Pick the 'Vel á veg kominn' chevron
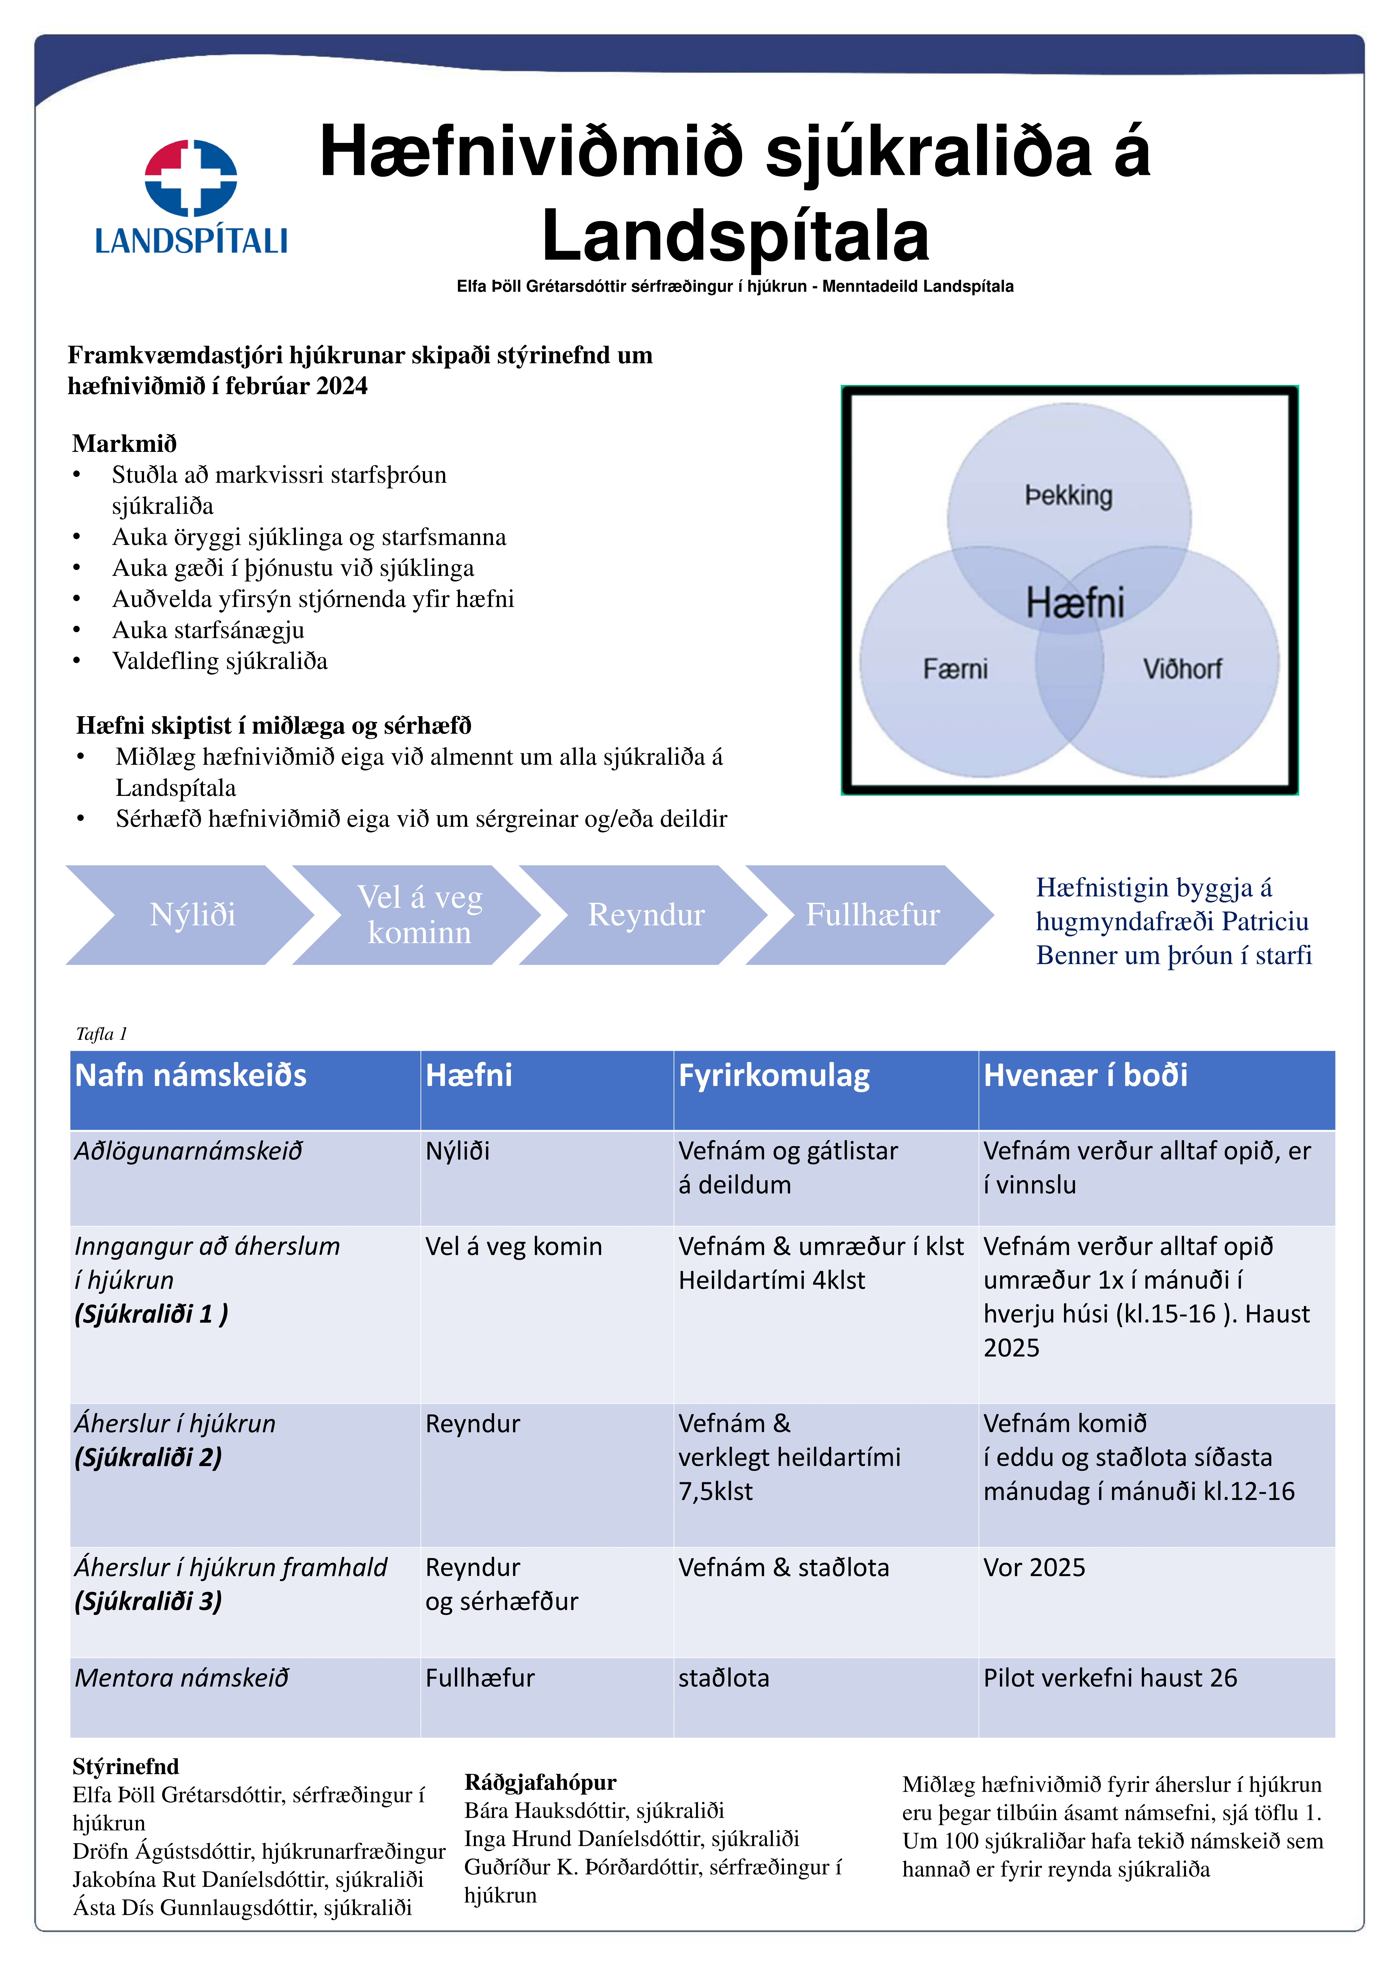[x=420, y=915]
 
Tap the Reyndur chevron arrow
[x=646, y=915]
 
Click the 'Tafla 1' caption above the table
[x=102, y=1034]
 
